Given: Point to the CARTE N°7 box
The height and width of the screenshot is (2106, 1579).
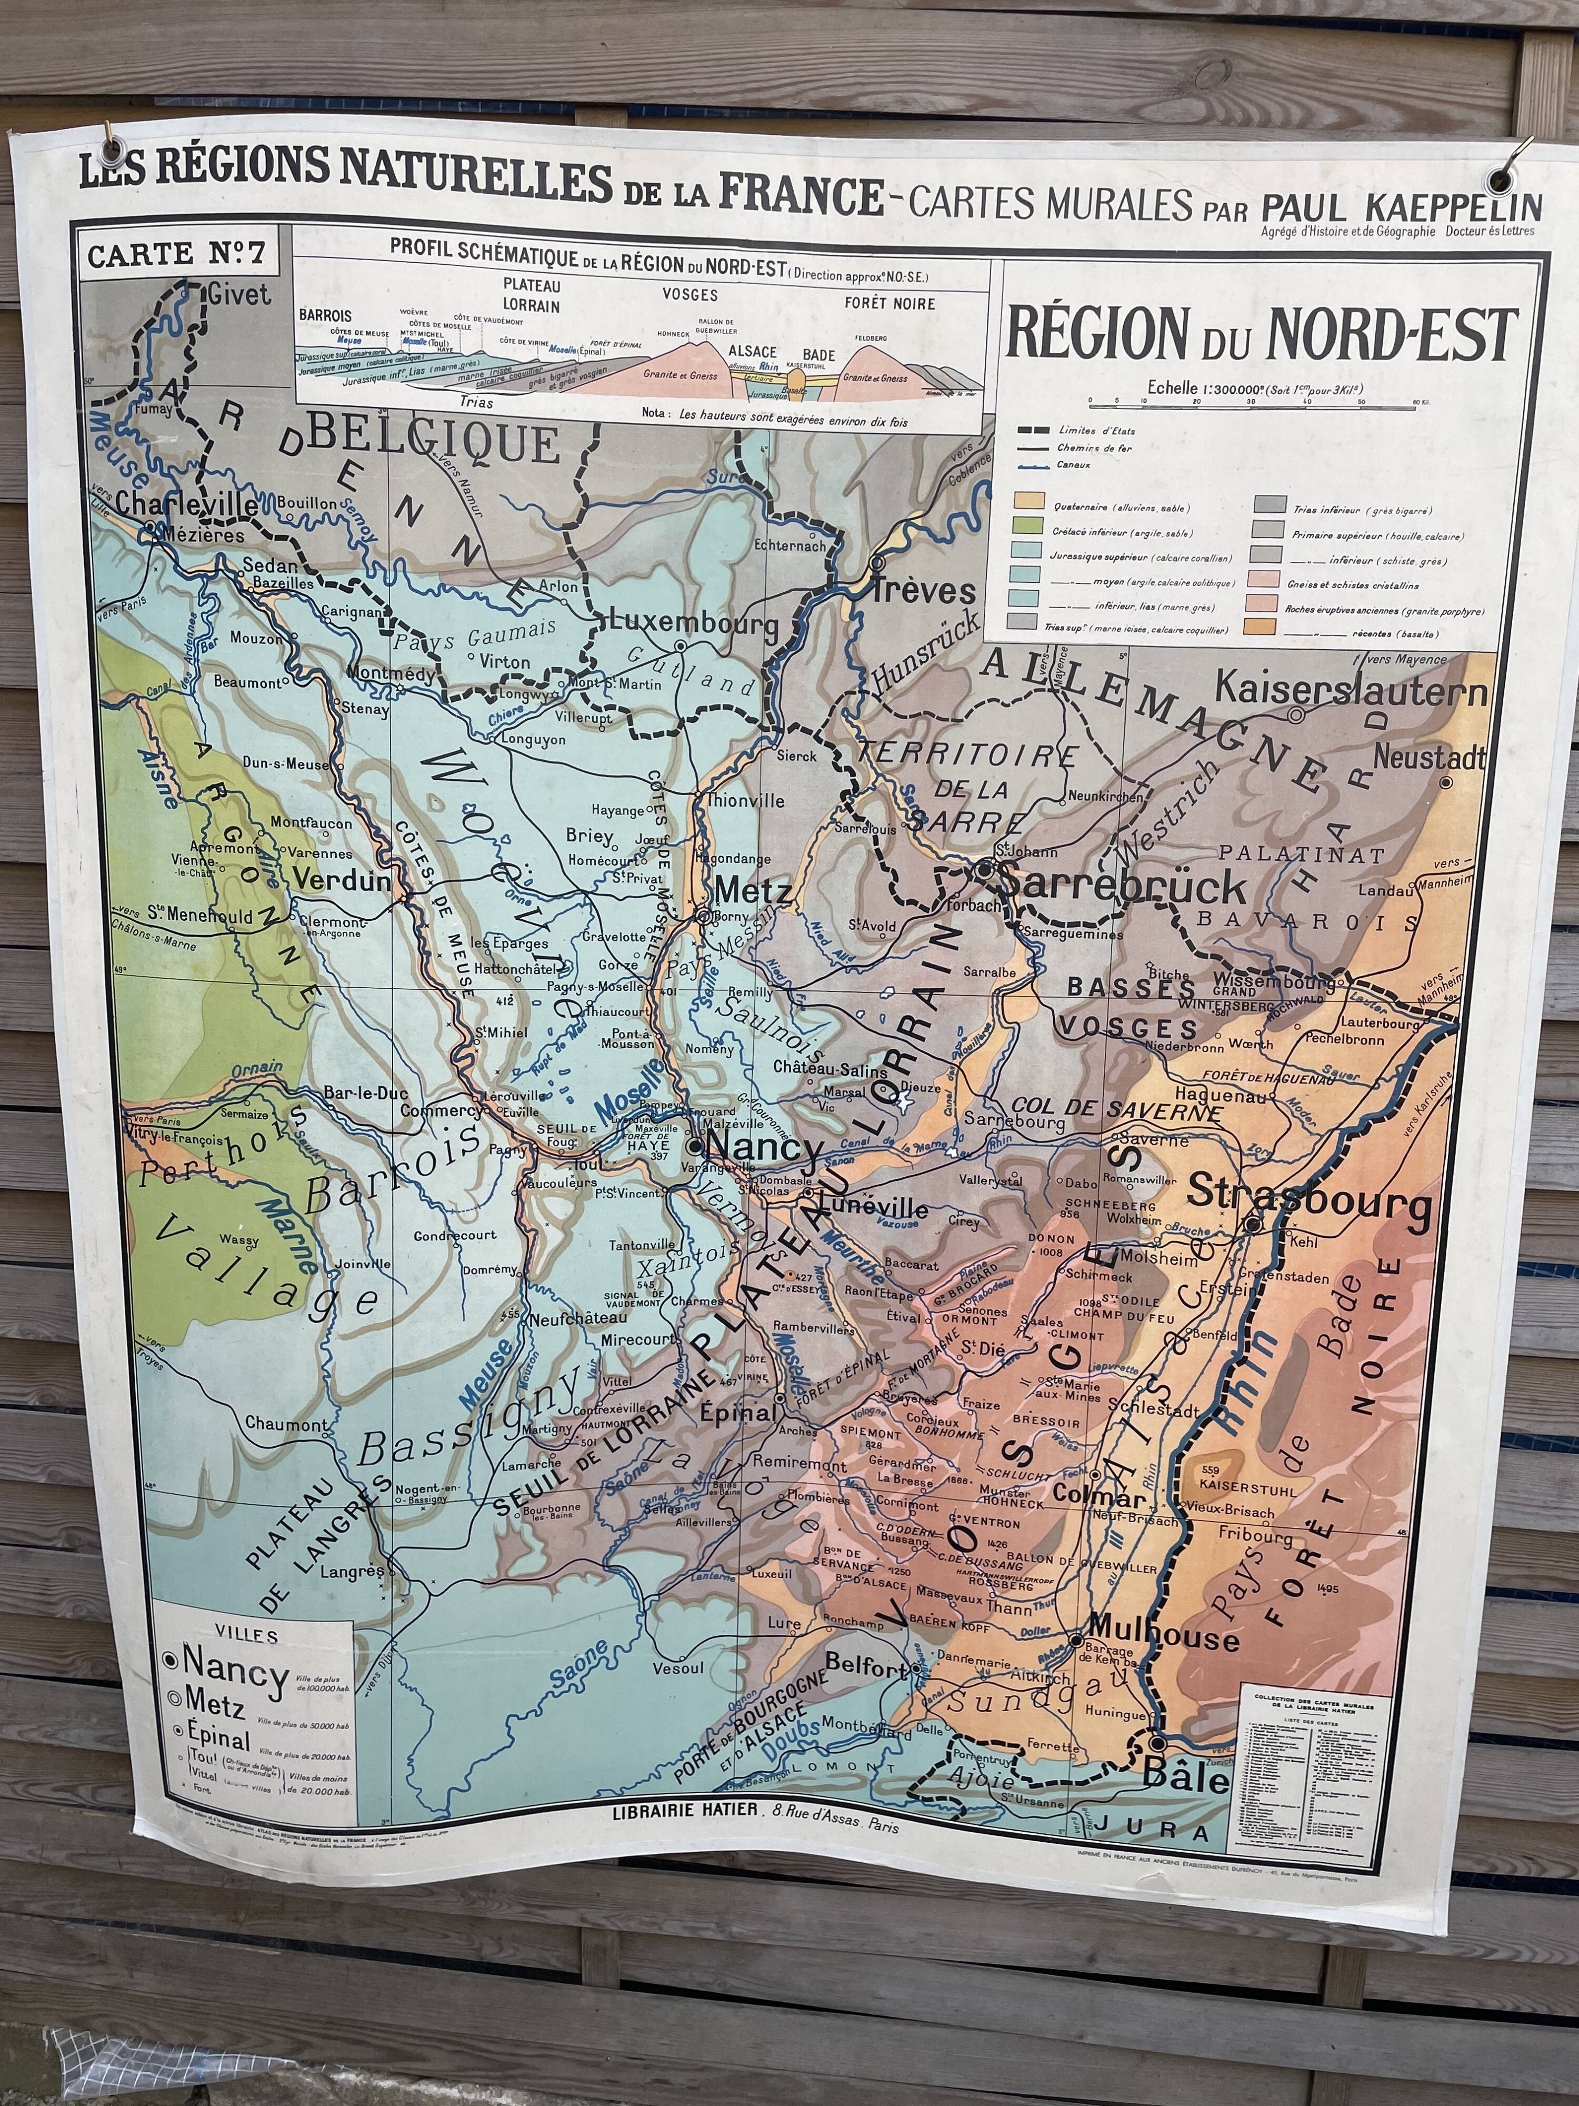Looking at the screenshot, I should pos(177,254).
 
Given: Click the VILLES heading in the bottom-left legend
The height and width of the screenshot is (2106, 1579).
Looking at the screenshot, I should pos(246,1636).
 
